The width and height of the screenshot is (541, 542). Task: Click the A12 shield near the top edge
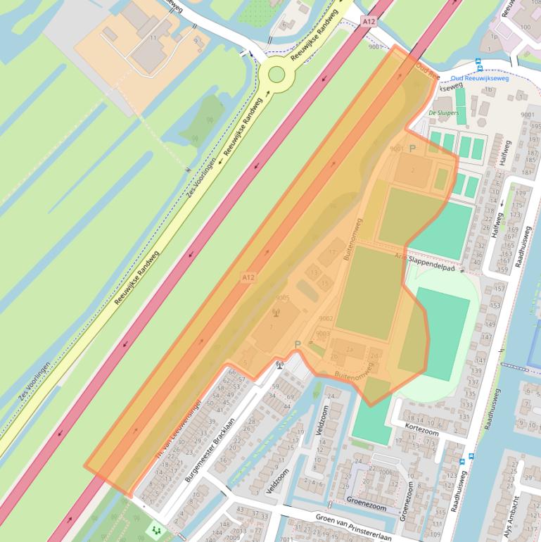pos(369,23)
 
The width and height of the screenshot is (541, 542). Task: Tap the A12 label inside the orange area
pos(248,278)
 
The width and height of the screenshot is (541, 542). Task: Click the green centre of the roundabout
pos(276,74)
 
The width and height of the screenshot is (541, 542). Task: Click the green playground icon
pos(155,527)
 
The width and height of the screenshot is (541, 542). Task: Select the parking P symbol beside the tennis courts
pos(412,149)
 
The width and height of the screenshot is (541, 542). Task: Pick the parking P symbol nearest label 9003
pos(298,344)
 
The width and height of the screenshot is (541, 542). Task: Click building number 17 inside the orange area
pos(332,252)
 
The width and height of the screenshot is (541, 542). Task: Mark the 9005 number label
pos(283,298)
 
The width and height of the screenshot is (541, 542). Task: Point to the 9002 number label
pos(325,319)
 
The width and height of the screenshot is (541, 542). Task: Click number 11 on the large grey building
pos(153,37)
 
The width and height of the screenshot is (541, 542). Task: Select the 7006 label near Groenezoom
pos(386,472)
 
